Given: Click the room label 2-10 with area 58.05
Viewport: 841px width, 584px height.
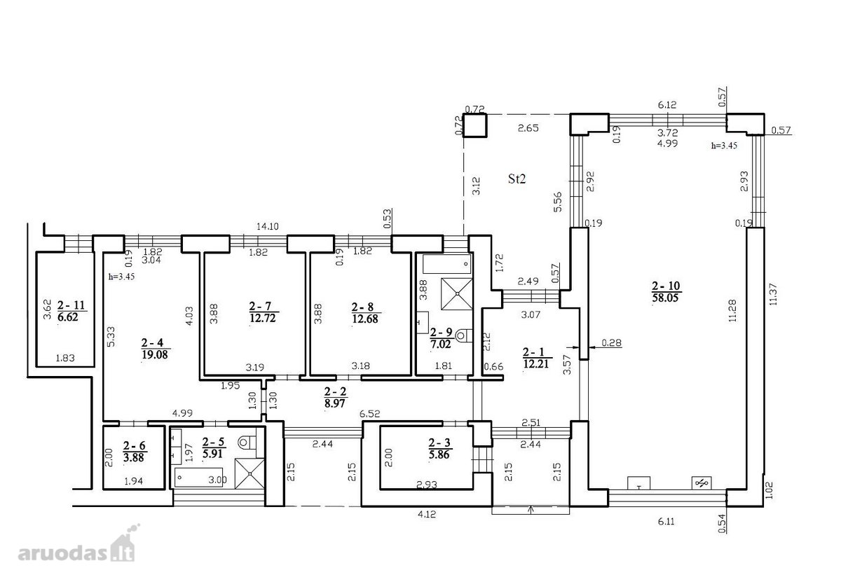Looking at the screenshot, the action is click(666, 291).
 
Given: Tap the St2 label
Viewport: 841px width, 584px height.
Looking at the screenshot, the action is click(517, 179).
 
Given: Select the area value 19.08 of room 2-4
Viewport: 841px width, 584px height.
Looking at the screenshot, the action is click(155, 354).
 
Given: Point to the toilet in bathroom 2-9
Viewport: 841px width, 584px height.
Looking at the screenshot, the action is click(465, 335).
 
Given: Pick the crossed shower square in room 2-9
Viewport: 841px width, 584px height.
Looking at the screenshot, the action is click(456, 294).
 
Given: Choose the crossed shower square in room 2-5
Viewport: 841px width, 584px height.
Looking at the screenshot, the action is click(249, 473).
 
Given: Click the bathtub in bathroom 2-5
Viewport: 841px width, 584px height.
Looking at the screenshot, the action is click(198, 478).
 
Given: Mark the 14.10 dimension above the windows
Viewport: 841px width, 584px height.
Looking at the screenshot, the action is click(267, 226).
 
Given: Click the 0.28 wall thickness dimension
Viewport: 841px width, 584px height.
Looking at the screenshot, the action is click(612, 342).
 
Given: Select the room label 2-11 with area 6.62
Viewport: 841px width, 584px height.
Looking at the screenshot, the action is click(71, 311).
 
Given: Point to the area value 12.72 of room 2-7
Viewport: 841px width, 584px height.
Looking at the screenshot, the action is click(263, 319).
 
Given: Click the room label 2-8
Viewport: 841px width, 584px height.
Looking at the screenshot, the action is click(363, 307).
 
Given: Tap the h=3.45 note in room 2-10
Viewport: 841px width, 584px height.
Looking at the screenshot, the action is click(724, 146).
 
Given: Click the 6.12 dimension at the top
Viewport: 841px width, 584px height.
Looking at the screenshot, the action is click(667, 104).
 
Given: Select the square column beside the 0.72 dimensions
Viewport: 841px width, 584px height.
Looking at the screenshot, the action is click(474, 125).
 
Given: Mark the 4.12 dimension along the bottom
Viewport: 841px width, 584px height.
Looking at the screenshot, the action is click(427, 514).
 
